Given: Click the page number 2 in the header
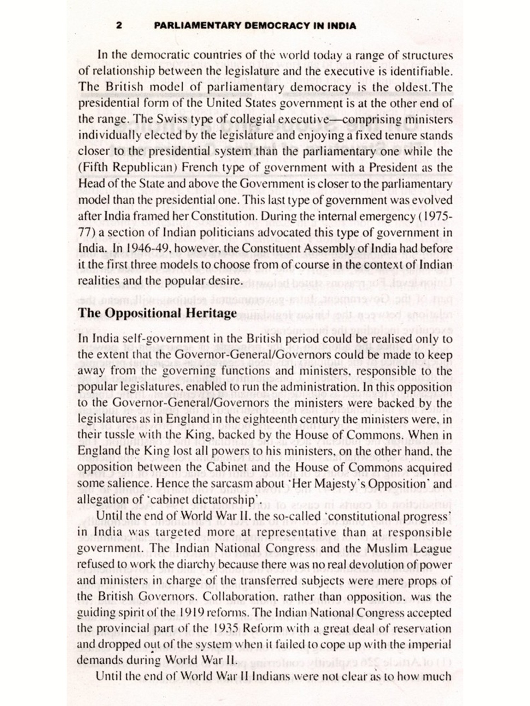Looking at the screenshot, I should click(x=119, y=26).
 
